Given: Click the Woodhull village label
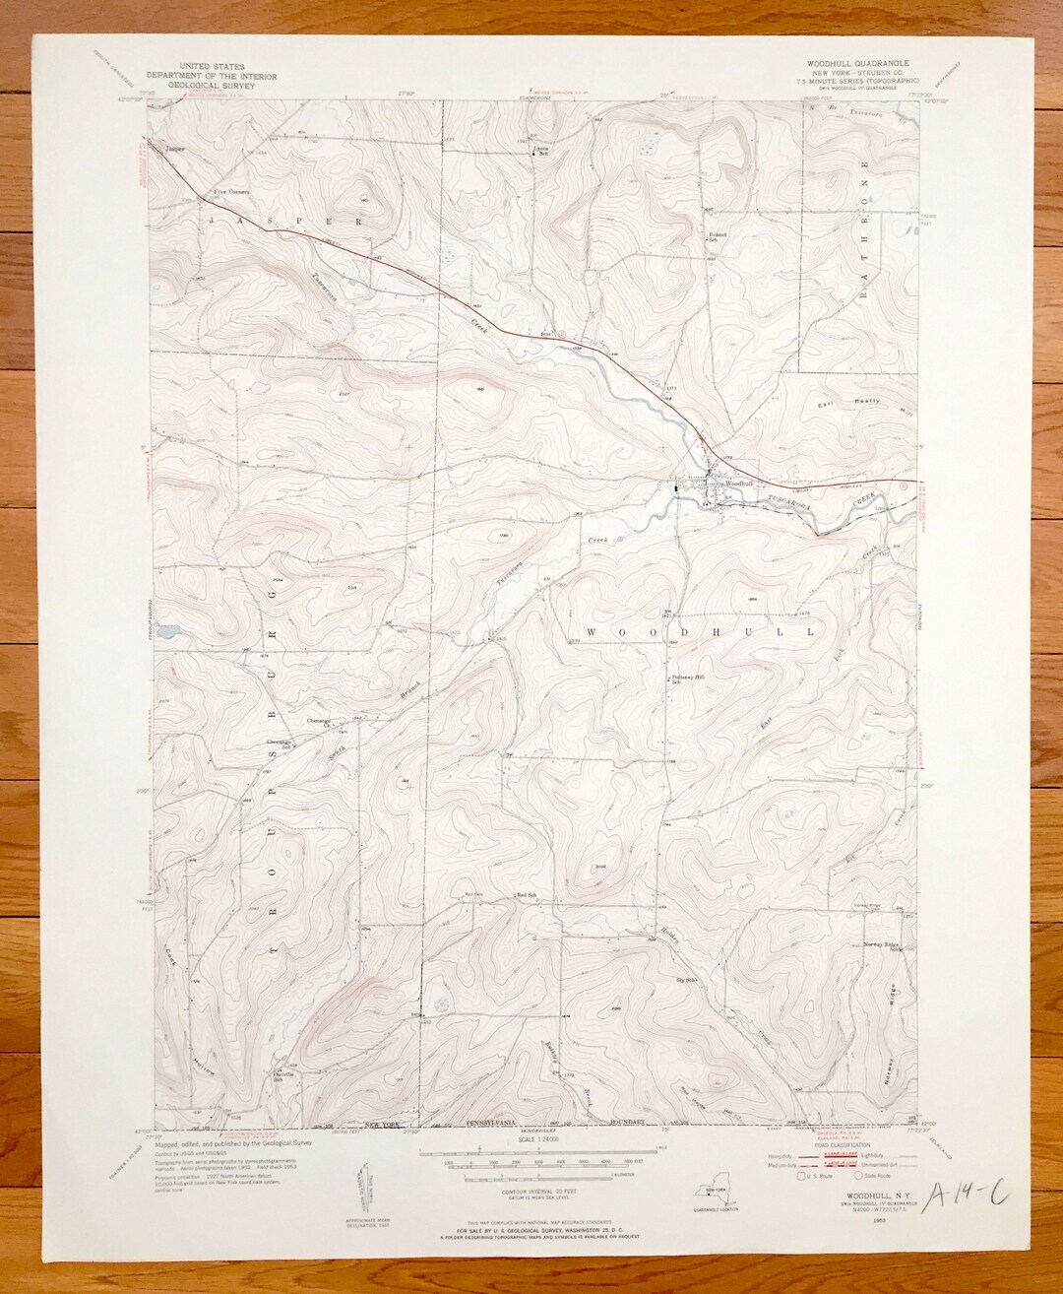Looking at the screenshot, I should tap(739, 484).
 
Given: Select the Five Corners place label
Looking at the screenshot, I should tap(233, 191).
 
